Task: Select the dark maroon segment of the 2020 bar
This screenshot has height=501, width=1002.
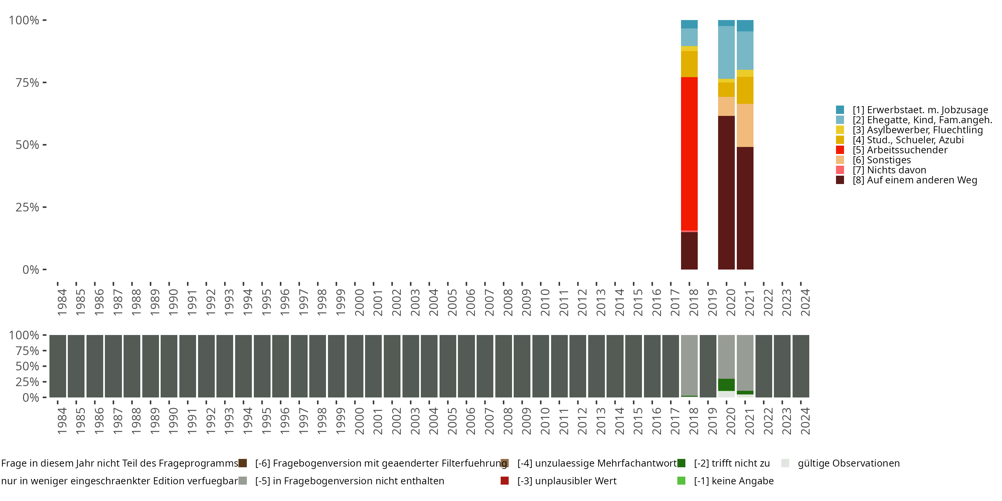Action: click(726, 192)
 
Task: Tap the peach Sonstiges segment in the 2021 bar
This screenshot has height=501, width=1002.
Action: click(745, 125)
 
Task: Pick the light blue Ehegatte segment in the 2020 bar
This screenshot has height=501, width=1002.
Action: click(726, 52)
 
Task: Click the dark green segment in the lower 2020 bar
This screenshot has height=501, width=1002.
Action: click(726, 385)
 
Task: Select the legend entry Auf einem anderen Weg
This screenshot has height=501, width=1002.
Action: click(906, 180)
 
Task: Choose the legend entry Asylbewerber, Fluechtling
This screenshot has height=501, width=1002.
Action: click(909, 130)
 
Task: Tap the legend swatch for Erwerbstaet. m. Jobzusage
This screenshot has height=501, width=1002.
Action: click(840, 110)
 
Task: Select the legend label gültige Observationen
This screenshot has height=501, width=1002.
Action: click(849, 463)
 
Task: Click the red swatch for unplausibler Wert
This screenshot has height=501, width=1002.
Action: click(504, 481)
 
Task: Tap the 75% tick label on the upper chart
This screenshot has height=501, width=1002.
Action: click(27, 82)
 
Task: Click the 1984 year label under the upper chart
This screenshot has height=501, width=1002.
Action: click(62, 302)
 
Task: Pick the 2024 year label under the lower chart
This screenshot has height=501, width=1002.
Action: click(805, 421)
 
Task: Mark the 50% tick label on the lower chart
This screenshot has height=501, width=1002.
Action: click(27, 366)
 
